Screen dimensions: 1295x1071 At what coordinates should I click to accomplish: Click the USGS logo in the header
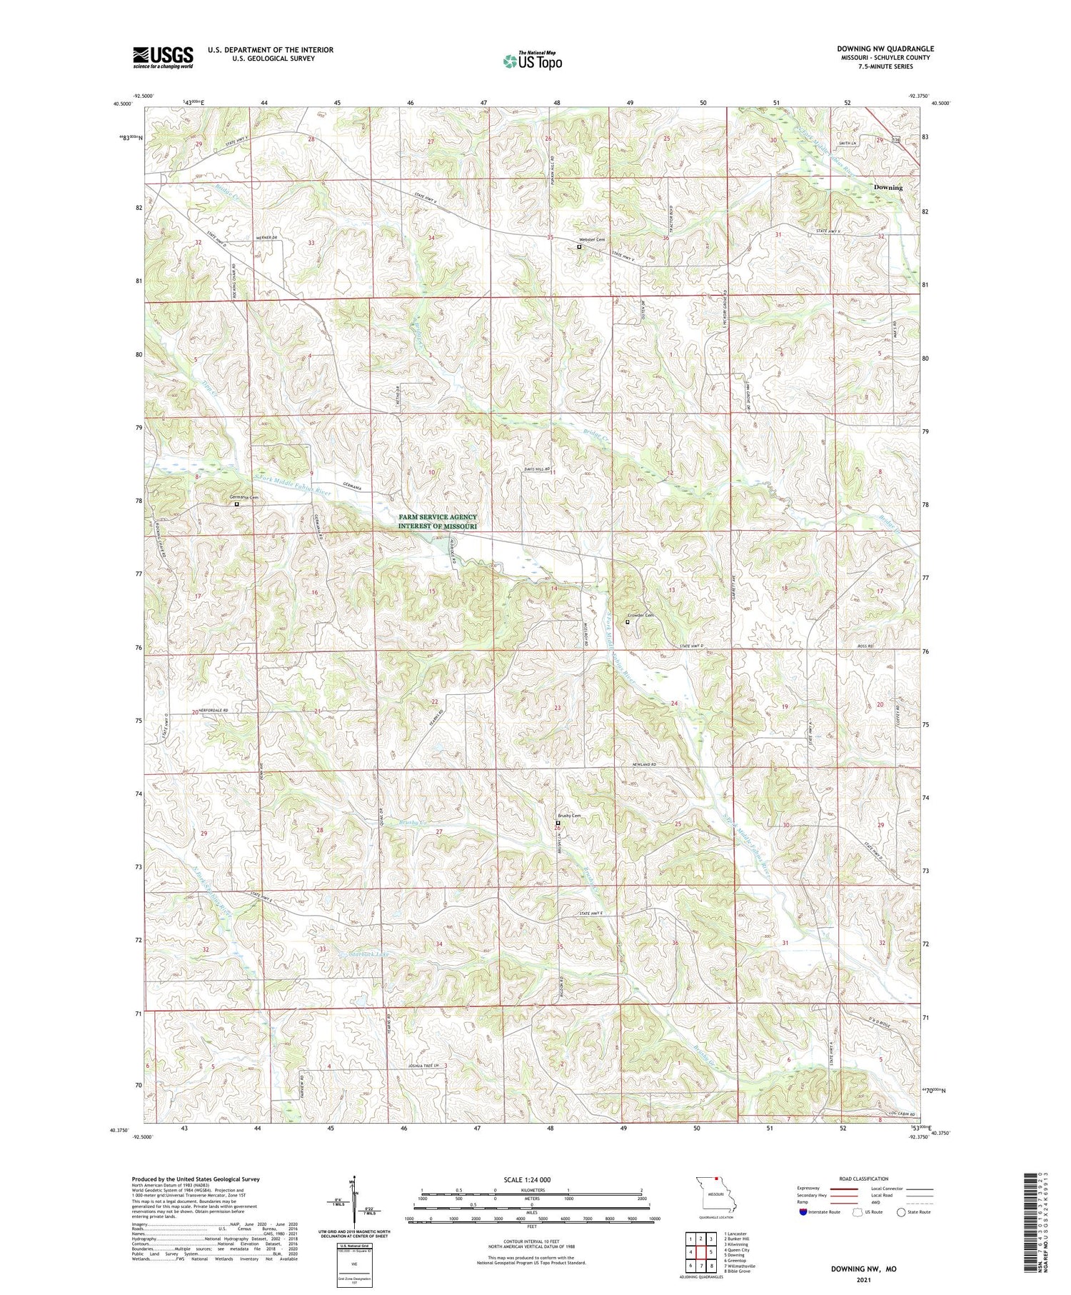163,57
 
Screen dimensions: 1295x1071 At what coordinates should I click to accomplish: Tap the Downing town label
888,187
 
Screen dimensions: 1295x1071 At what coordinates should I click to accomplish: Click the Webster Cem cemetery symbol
579,247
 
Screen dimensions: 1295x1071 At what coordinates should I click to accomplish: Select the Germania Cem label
243,496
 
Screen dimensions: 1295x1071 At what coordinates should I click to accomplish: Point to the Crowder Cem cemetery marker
628,622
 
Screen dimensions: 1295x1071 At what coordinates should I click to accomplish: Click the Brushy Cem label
569,816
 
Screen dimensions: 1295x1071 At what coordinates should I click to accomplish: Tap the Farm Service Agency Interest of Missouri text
438,521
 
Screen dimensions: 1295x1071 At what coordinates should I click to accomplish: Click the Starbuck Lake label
369,954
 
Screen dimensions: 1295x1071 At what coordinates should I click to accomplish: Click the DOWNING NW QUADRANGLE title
885,49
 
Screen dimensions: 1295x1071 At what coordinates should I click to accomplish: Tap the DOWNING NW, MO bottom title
863,1269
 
